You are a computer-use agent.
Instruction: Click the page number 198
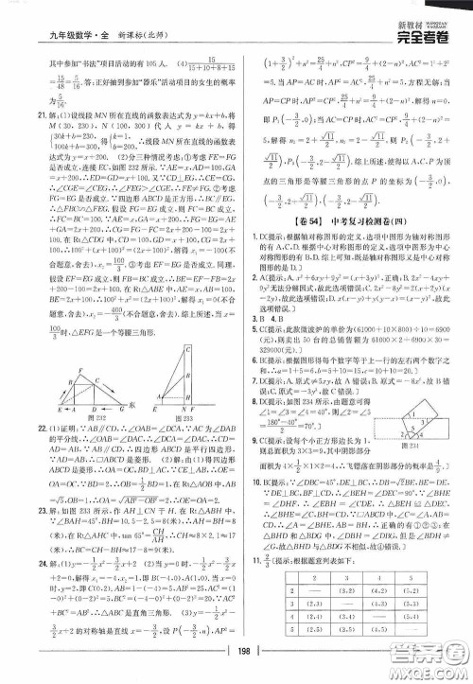coord(236,658)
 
